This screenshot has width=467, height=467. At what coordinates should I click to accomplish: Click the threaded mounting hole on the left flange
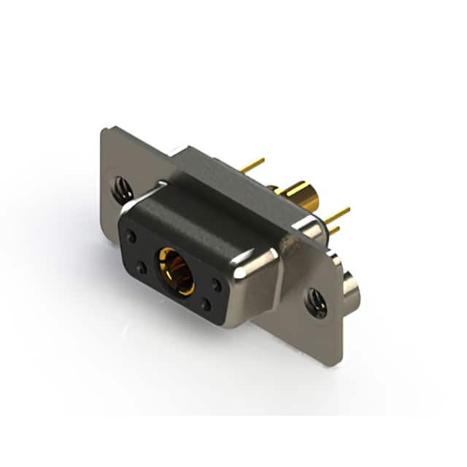tap(122, 191)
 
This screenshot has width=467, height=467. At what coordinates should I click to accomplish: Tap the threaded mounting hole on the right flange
tap(316, 302)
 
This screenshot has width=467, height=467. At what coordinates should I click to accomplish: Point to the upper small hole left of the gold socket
tap(131, 236)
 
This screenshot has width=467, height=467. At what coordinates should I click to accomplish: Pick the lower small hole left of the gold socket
tap(142, 269)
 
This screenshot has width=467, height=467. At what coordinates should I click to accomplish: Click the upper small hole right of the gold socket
tap(217, 285)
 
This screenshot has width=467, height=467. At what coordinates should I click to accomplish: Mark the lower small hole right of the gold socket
tap(207, 304)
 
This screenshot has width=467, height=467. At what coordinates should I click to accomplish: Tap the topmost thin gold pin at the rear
tap(252, 166)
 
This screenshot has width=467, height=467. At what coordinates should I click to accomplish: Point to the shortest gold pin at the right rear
tap(333, 231)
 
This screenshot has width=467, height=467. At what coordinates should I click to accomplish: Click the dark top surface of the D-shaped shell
tap(197, 212)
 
